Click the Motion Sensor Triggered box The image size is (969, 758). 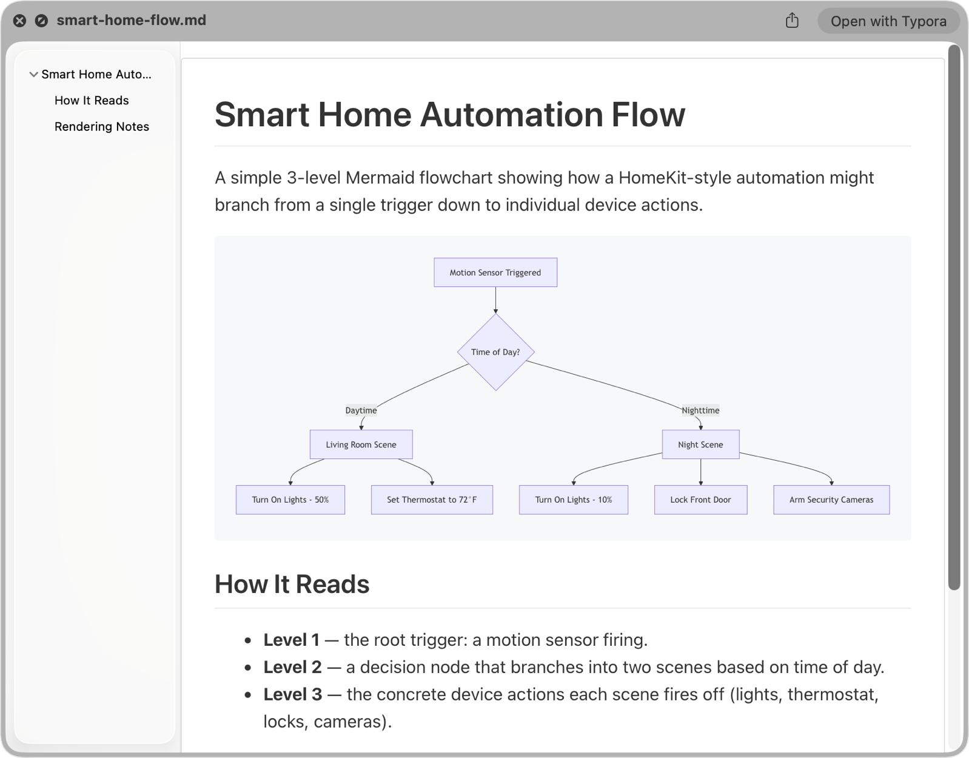pyautogui.click(x=495, y=272)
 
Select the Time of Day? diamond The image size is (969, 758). pyautogui.click(x=496, y=352)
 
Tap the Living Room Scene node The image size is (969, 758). pyautogui.click(x=361, y=444)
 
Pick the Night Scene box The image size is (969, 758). pyautogui.click(x=700, y=444)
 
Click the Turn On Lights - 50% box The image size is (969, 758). pyautogui.click(x=290, y=500)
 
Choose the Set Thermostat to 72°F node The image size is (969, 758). pyautogui.click(x=432, y=500)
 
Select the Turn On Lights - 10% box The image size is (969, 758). pyautogui.click(x=574, y=500)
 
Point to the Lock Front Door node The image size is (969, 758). pyautogui.click(x=700, y=500)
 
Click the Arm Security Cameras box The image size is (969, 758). pyautogui.click(x=832, y=500)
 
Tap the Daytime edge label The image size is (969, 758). pyautogui.click(x=361, y=410)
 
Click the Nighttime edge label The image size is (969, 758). pyautogui.click(x=700, y=410)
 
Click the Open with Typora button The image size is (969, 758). pyautogui.click(x=888, y=21)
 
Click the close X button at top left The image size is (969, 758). pyautogui.click(x=19, y=21)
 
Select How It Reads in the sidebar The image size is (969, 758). pyautogui.click(x=92, y=100)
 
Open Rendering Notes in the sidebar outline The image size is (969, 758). pyautogui.click(x=102, y=127)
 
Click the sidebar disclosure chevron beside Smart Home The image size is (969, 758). pyautogui.click(x=33, y=75)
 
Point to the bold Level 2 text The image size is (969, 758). pyautogui.click(x=292, y=667)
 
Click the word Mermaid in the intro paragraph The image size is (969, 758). pyautogui.click(x=380, y=178)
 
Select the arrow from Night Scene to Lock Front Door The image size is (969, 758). pyautogui.click(x=700, y=472)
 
